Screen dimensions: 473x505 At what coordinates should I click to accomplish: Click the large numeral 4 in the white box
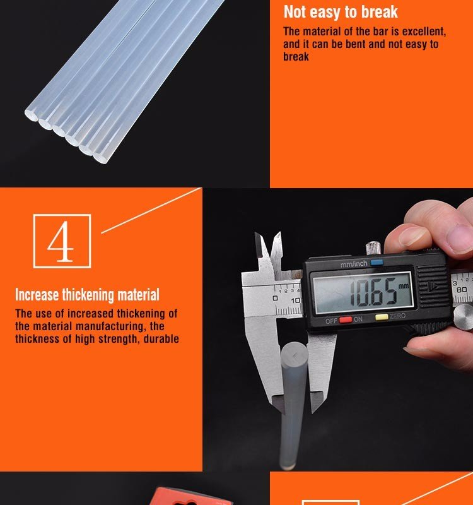point(61,241)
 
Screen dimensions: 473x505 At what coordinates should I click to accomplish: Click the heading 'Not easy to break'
point(341,12)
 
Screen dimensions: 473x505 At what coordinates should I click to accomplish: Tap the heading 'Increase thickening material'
point(87,295)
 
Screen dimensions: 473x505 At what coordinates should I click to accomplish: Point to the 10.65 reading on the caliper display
point(373,292)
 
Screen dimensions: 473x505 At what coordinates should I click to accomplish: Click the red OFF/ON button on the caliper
point(345,320)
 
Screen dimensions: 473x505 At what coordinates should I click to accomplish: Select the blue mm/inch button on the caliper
point(377,263)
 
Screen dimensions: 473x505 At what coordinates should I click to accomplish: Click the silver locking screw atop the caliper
point(373,248)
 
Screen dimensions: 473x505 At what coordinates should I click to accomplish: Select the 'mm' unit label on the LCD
point(404,286)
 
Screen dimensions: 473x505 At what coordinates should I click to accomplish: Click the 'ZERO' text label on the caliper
point(397,316)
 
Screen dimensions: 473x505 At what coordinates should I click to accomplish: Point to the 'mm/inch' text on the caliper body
point(354,264)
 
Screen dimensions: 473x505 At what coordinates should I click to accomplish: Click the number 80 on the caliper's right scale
point(462,290)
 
